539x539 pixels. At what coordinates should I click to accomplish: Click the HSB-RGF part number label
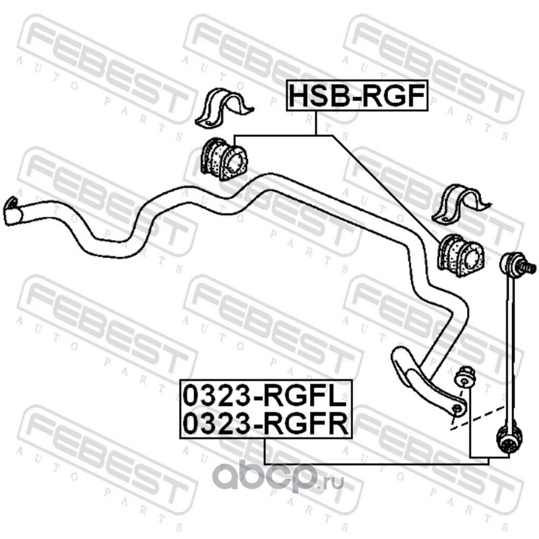tap(357, 96)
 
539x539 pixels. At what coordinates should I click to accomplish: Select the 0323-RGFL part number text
tap(265, 394)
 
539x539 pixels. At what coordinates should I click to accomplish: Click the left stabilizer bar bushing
tap(224, 159)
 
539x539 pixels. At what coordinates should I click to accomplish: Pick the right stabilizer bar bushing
tap(461, 255)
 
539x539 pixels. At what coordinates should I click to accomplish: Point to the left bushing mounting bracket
tap(222, 109)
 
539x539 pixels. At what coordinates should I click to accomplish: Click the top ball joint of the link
tap(515, 265)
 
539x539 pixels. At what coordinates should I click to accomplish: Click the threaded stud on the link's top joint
tap(530, 268)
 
